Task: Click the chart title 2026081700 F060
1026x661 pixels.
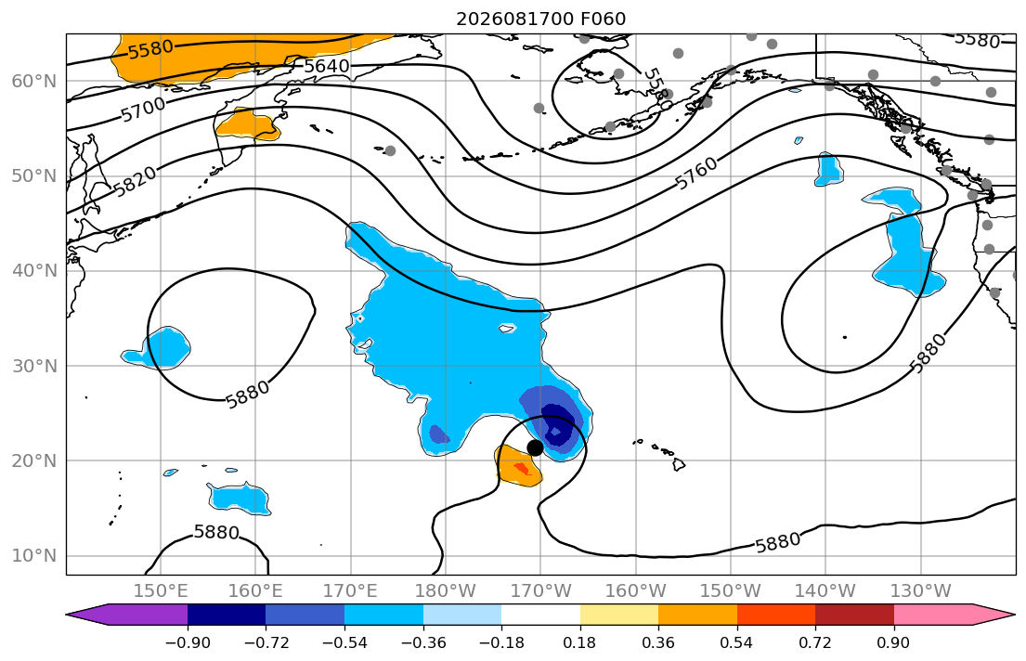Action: point(540,19)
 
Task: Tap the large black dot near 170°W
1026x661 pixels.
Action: point(535,447)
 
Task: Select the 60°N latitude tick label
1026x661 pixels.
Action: point(34,81)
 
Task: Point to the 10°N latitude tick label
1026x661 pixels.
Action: point(34,556)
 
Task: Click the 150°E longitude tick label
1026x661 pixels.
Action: point(161,591)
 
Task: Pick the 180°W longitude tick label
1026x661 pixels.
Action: point(446,591)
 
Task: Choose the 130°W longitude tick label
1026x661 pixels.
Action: point(921,591)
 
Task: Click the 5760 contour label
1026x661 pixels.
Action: point(696,174)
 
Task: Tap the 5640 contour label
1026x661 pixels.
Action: point(327,66)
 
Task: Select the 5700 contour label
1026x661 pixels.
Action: point(143,109)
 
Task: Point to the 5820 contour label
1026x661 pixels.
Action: point(135,181)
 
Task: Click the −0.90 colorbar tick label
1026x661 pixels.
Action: point(188,642)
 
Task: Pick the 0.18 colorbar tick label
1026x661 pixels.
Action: point(579,642)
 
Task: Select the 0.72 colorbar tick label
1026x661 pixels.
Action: point(815,642)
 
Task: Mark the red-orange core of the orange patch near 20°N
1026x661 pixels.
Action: point(522,468)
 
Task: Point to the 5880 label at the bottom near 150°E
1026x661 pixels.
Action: point(216,532)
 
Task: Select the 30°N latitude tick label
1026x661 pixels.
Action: point(34,366)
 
